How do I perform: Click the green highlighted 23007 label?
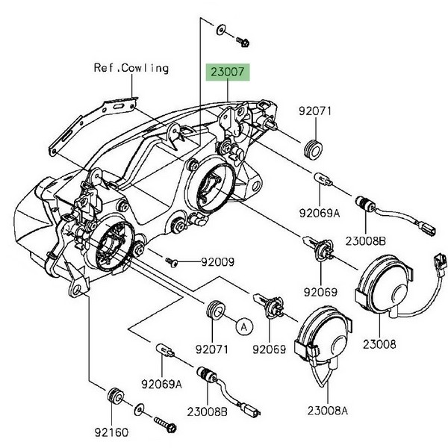click(x=229, y=73)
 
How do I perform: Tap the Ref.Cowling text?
click(x=131, y=68)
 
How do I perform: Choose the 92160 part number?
click(x=110, y=432)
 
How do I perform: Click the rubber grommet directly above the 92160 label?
click(x=116, y=396)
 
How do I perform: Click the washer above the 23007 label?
click(x=221, y=30)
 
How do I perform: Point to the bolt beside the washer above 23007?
click(x=243, y=37)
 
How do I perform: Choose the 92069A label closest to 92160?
click(x=162, y=384)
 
